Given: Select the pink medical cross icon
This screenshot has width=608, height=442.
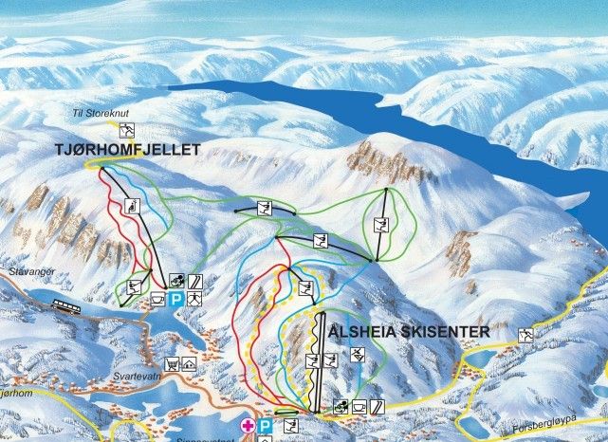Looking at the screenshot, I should [249, 426].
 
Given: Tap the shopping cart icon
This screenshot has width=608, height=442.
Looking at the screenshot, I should [173, 363].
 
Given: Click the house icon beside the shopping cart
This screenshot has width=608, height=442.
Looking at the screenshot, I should [189, 363].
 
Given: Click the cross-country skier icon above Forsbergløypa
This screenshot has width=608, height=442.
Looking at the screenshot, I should [525, 333].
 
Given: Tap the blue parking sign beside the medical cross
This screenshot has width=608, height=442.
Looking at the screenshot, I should [265, 426].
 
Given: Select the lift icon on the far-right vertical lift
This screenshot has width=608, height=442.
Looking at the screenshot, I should [381, 226].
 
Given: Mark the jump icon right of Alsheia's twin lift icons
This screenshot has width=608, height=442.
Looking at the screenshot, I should [358, 356].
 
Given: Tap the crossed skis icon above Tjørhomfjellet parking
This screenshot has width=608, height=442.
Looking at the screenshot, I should [175, 282].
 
